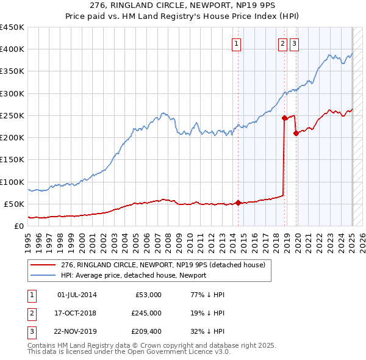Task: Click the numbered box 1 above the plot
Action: click(x=236, y=43)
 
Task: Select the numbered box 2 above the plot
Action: click(x=283, y=43)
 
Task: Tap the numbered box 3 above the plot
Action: click(x=294, y=43)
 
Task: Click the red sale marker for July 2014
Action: click(x=238, y=203)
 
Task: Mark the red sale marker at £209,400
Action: click(x=296, y=133)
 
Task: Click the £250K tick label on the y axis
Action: click(x=12, y=115)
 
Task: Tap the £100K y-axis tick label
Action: click(x=12, y=182)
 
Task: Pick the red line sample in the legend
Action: click(x=44, y=265)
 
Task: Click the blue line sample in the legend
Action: click(x=44, y=275)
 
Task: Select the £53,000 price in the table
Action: click(x=146, y=295)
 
